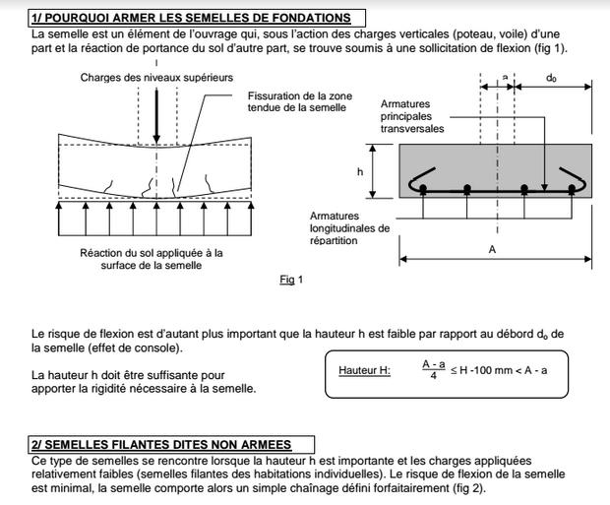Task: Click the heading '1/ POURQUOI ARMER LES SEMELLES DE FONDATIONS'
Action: coord(191,18)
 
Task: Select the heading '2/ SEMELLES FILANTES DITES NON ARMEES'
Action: coord(173,445)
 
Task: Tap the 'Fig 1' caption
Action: coord(291,280)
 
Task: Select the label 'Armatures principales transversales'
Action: coord(412,115)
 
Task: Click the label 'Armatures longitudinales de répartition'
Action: coord(349,227)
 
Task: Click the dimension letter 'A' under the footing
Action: coord(492,250)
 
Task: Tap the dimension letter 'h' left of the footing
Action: coord(359,171)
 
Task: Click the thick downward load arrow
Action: coord(156,115)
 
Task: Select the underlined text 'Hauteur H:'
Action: coord(364,371)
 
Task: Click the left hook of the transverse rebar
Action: coord(419,183)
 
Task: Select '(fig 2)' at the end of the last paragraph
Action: coord(465,487)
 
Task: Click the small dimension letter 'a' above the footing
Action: coord(505,76)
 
